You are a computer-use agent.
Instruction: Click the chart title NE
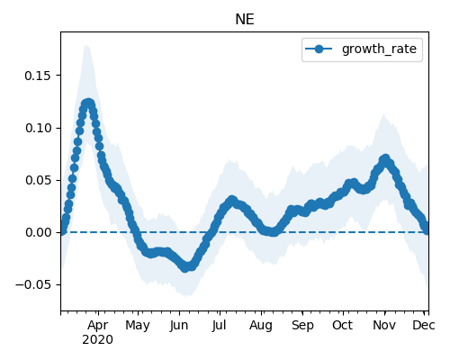click(x=245, y=20)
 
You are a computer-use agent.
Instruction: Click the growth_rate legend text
click(x=379, y=49)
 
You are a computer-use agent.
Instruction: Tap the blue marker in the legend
click(x=319, y=49)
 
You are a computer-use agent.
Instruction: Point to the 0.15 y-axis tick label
click(x=38, y=76)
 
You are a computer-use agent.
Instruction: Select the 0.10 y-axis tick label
click(x=38, y=128)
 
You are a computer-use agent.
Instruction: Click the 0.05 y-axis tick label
click(x=38, y=180)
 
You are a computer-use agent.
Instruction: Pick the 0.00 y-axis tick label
click(x=38, y=232)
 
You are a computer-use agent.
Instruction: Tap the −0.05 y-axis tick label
click(x=33, y=284)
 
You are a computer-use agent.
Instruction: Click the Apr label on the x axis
click(x=98, y=326)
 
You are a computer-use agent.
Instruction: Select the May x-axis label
click(x=138, y=326)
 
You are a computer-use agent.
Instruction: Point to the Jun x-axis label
click(x=179, y=326)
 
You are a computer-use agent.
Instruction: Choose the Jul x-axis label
click(x=219, y=326)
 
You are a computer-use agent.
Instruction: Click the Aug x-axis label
click(x=261, y=326)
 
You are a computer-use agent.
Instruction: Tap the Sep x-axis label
click(x=302, y=326)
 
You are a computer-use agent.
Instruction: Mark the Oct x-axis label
click(x=343, y=326)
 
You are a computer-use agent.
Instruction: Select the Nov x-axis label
click(x=384, y=326)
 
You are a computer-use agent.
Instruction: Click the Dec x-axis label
click(x=424, y=326)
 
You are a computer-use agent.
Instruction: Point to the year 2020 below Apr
click(x=98, y=340)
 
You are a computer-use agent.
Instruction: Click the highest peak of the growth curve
click(x=88, y=103)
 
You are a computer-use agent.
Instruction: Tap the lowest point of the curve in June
click(x=185, y=267)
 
